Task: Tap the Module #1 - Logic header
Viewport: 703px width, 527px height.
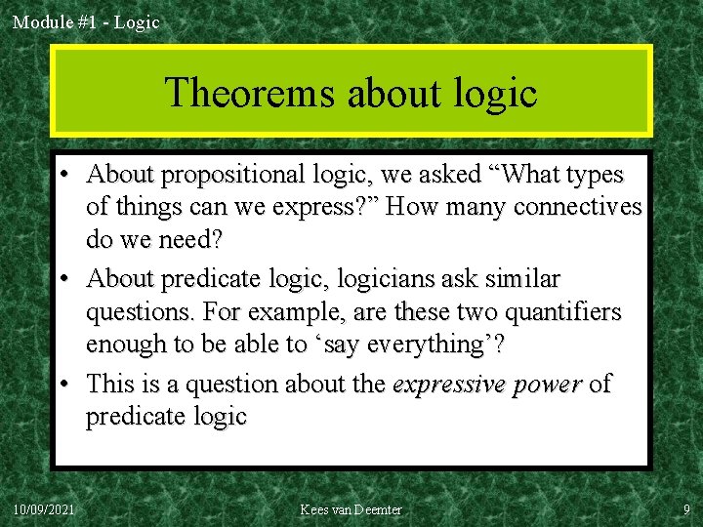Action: (x=86, y=20)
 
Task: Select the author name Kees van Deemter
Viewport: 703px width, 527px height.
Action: (x=351, y=509)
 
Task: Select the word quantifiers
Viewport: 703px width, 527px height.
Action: (x=561, y=312)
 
